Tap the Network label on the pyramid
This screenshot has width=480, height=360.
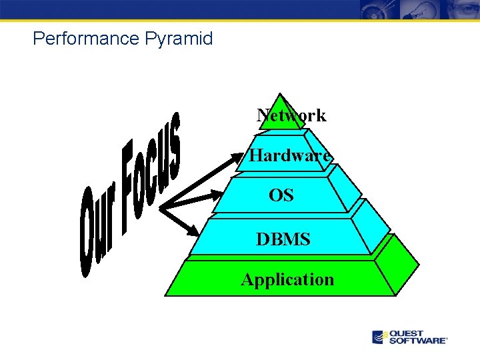coord(291,115)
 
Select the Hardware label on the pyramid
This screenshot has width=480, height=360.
coord(290,156)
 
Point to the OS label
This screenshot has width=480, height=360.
coord(281,196)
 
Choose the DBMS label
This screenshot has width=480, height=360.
coord(283,238)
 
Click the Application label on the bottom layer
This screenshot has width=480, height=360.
coord(287,279)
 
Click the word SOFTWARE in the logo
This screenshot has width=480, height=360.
coord(417,341)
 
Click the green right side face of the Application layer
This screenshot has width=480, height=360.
coord(399,267)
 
